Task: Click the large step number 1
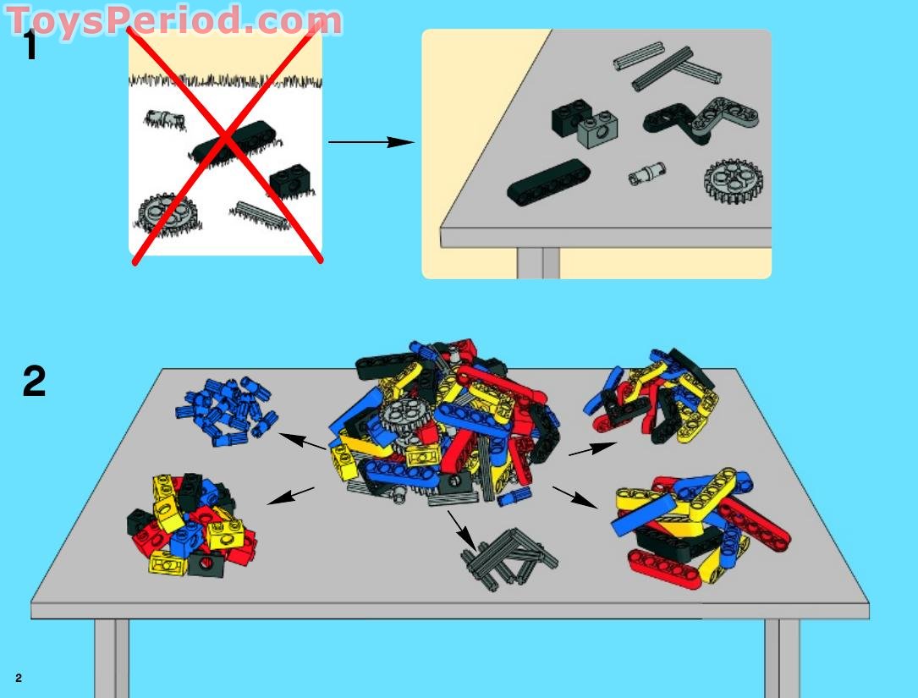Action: [30, 46]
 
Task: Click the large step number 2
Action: [34, 382]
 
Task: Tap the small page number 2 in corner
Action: [18, 678]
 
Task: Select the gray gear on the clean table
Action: [733, 181]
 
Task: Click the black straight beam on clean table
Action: [548, 182]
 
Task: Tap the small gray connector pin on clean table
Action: [647, 175]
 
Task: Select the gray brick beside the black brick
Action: [597, 128]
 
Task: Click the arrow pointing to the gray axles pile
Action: [462, 528]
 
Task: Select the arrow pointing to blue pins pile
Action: [302, 441]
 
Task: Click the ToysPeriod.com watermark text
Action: [174, 19]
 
